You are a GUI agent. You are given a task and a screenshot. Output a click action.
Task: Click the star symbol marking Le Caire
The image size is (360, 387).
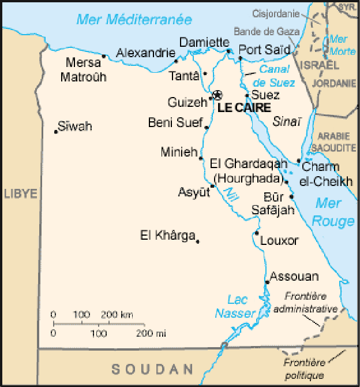coord(217,95)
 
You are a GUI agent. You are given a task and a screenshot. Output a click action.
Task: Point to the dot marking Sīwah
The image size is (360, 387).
coord(56,132)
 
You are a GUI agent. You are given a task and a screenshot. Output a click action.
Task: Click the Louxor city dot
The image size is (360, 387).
coord(257,233)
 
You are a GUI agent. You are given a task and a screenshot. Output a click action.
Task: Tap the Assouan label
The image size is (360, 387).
coord(294,276)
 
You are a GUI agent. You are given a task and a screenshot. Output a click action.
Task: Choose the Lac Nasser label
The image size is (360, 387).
coord(235,306)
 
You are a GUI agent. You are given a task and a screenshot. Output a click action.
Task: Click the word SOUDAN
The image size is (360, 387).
coord(152,369)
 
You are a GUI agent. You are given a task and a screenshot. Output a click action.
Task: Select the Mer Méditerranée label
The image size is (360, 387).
coord(134,20)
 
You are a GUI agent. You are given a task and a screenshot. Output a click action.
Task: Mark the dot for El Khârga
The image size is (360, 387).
coord(197,241)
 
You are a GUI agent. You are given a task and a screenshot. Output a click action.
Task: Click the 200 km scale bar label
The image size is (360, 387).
coord(117,315)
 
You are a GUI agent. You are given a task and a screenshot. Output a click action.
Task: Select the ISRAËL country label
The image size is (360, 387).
coord(318,63)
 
